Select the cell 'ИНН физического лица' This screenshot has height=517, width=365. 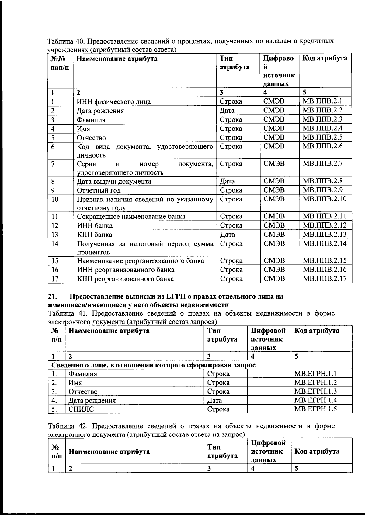(x=113, y=102)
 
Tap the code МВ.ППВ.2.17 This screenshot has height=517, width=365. (x=325, y=278)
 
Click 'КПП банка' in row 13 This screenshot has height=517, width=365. (x=95, y=235)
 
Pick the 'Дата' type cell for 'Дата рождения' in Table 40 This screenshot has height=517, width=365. (x=227, y=111)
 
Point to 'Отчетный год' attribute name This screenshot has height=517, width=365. (x=99, y=190)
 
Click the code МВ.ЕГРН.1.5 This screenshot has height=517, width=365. (x=315, y=409)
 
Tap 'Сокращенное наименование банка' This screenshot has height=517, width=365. (x=131, y=217)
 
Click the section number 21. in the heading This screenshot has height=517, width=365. (x=53, y=296)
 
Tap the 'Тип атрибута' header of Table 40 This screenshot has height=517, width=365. (x=234, y=63)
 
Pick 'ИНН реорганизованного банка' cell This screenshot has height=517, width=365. (x=126, y=270)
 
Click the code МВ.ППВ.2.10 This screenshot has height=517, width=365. (x=325, y=199)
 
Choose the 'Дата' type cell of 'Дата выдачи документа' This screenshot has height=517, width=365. (x=227, y=182)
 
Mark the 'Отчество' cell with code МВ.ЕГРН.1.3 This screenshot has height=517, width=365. (x=83, y=391)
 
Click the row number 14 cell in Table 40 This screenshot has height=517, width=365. (x=55, y=244)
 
